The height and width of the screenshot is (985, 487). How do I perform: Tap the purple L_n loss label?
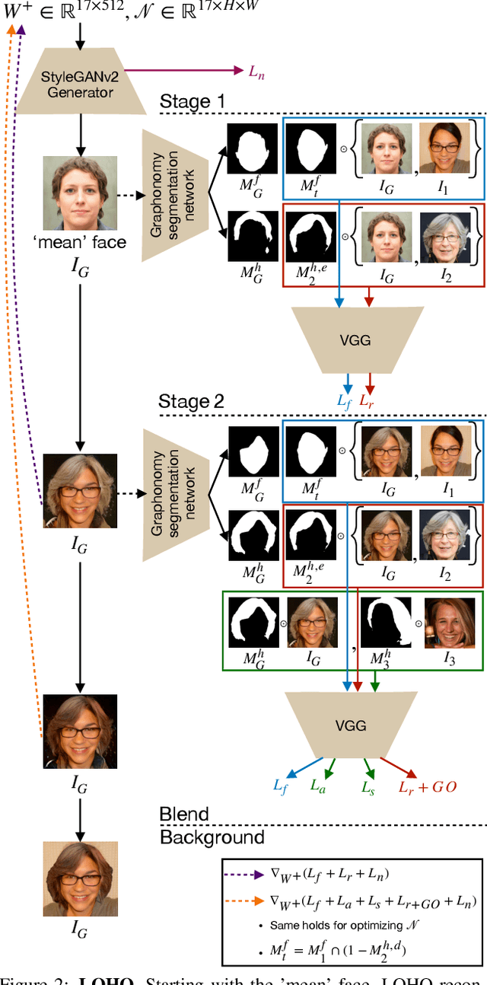coord(257,71)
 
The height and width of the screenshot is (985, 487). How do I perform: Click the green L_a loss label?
coord(318,787)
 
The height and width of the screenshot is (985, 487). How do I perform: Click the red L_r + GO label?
coord(428,787)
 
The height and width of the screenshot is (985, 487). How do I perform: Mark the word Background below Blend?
coord(212,837)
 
